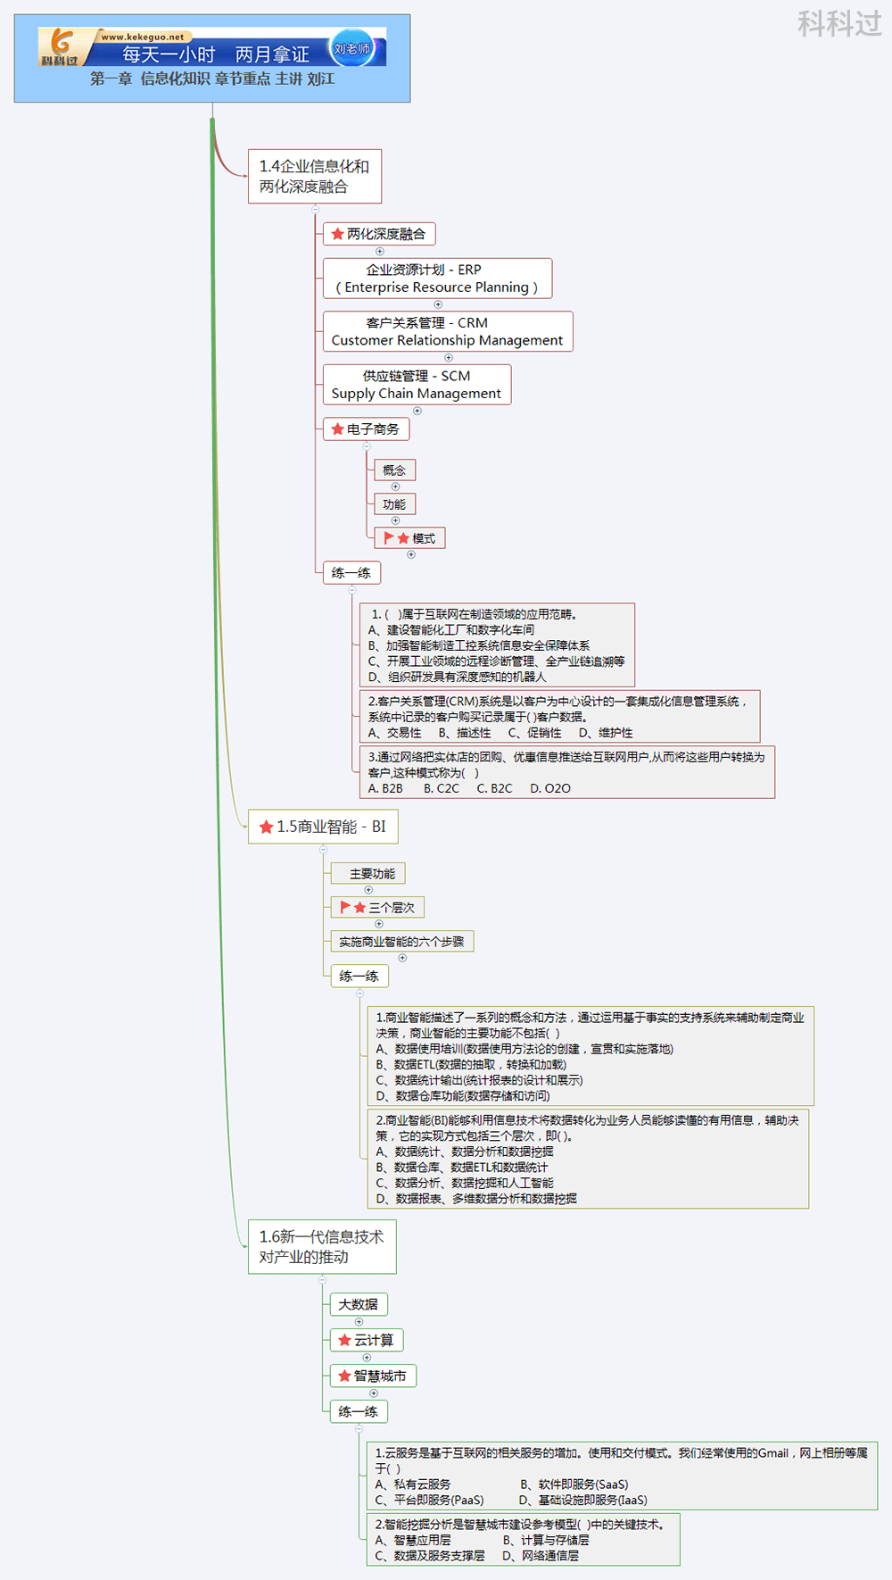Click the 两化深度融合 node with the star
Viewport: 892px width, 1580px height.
[x=378, y=234]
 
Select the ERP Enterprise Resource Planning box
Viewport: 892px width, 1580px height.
[x=437, y=279]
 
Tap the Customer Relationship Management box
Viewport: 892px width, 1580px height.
[x=447, y=331]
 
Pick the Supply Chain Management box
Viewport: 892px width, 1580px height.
[x=417, y=385]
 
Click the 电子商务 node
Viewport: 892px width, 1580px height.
[x=366, y=429]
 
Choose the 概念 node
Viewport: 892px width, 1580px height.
[x=393, y=470]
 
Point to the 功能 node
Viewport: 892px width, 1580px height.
[x=393, y=504]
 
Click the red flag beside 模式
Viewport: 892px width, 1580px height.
[x=389, y=537]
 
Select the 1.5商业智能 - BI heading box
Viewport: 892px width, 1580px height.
[x=323, y=827]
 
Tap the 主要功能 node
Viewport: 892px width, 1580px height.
[x=372, y=874]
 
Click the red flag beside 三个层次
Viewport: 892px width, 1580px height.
[x=345, y=907]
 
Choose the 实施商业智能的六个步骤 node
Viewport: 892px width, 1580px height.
[x=401, y=942]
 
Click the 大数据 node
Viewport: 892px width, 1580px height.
[x=358, y=1304]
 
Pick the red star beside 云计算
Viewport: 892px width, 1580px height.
[x=344, y=1340]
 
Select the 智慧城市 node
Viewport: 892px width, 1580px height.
[x=373, y=1376]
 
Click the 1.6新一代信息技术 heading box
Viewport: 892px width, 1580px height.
[x=321, y=1247]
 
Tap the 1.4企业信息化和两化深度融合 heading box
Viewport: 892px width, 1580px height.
[x=314, y=177]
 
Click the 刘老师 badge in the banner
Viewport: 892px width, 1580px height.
[x=351, y=48]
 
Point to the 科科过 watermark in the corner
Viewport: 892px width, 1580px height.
[x=838, y=23]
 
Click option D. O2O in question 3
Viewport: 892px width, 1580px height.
[x=550, y=788]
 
